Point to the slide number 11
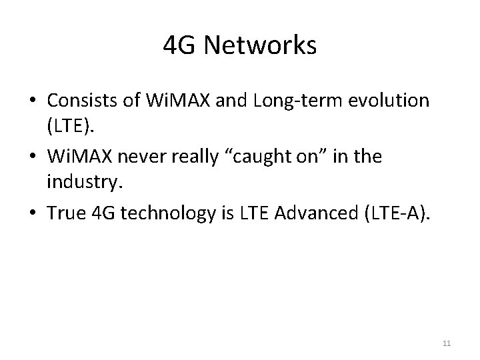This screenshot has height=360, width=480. [446, 343]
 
